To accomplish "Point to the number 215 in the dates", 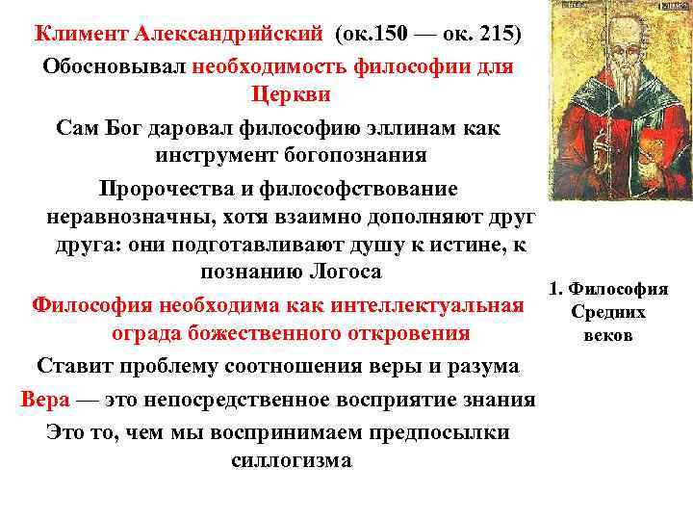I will pyautogui.click(x=495, y=35).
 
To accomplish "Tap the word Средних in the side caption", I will pyautogui.click(x=608, y=312).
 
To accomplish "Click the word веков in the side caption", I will pyautogui.click(x=608, y=336).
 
